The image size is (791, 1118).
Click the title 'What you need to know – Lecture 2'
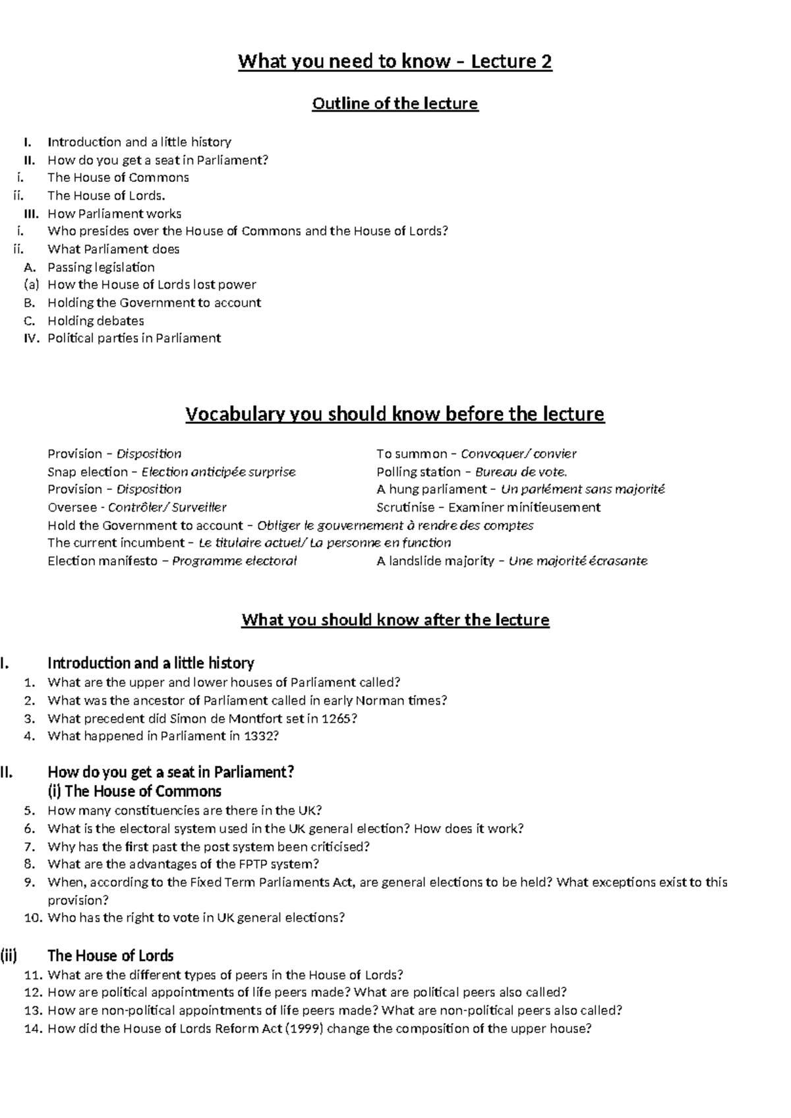coord(395,62)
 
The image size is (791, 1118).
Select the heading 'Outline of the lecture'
coord(395,103)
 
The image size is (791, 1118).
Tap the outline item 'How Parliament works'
coord(114,214)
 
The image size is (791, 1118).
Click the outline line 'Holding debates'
coord(96,321)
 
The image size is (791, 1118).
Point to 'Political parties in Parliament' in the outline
coord(134,338)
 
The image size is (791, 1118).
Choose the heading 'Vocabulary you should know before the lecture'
coord(395,415)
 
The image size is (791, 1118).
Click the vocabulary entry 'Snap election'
coord(88,472)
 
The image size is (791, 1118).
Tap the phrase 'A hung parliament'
coord(431,489)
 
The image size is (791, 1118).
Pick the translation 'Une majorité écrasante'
coord(578,561)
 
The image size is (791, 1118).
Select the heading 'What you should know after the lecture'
coord(395,620)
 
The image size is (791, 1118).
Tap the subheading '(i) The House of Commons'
coord(134,791)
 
